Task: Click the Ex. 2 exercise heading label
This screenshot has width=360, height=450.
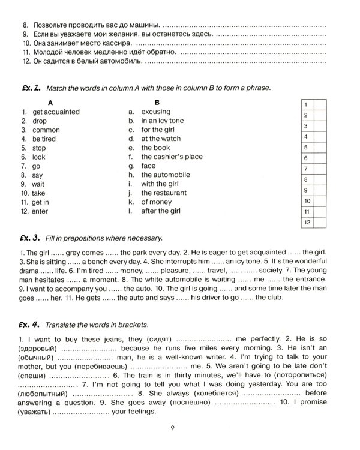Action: tap(30, 88)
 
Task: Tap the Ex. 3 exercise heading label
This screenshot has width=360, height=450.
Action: tap(30, 238)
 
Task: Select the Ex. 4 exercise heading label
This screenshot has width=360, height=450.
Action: tap(30, 325)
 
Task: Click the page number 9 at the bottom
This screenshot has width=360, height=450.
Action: tap(172, 427)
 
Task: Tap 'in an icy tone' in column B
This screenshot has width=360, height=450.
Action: tap(162, 121)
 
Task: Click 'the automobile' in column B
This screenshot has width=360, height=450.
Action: tap(165, 175)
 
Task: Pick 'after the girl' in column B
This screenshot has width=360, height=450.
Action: tap(161, 211)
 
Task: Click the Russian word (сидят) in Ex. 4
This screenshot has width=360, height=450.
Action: tap(157, 338)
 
